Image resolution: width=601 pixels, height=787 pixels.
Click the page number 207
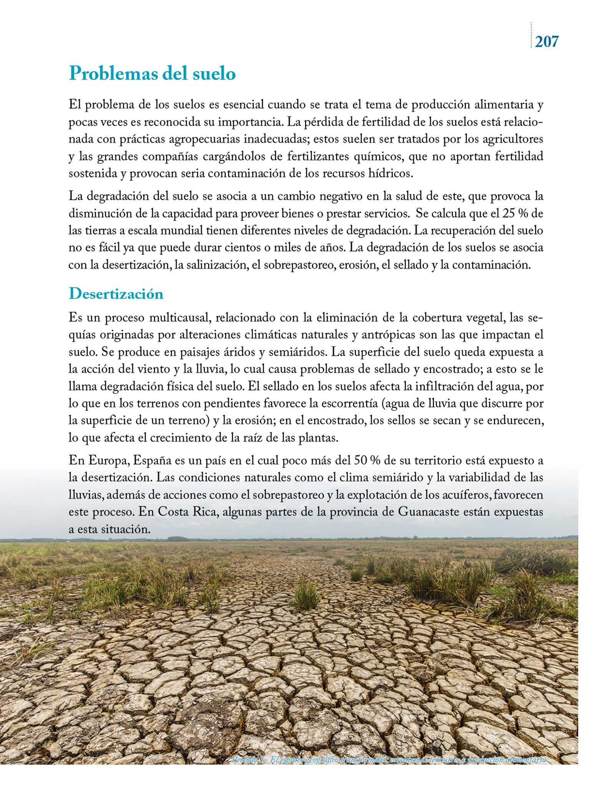pyautogui.click(x=547, y=42)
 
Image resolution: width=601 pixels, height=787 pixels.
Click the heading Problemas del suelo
pyautogui.click(x=152, y=73)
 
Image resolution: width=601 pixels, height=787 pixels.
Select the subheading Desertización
pyautogui.click(x=116, y=294)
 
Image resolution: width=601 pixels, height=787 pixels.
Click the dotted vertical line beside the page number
pyautogui.click(x=531, y=35)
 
